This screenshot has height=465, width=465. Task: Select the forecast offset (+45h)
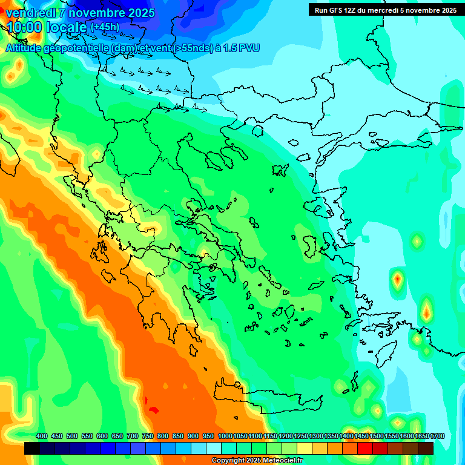[105, 27]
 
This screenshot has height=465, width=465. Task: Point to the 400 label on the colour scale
[42, 436]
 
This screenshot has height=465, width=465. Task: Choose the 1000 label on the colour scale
[225, 436]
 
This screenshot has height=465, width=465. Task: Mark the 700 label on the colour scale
[133, 436]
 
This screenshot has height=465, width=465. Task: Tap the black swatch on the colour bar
[32, 448]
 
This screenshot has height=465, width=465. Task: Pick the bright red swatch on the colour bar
[365, 448]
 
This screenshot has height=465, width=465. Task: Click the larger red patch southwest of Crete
[154, 410]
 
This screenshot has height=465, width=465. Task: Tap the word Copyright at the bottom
[228, 461]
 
